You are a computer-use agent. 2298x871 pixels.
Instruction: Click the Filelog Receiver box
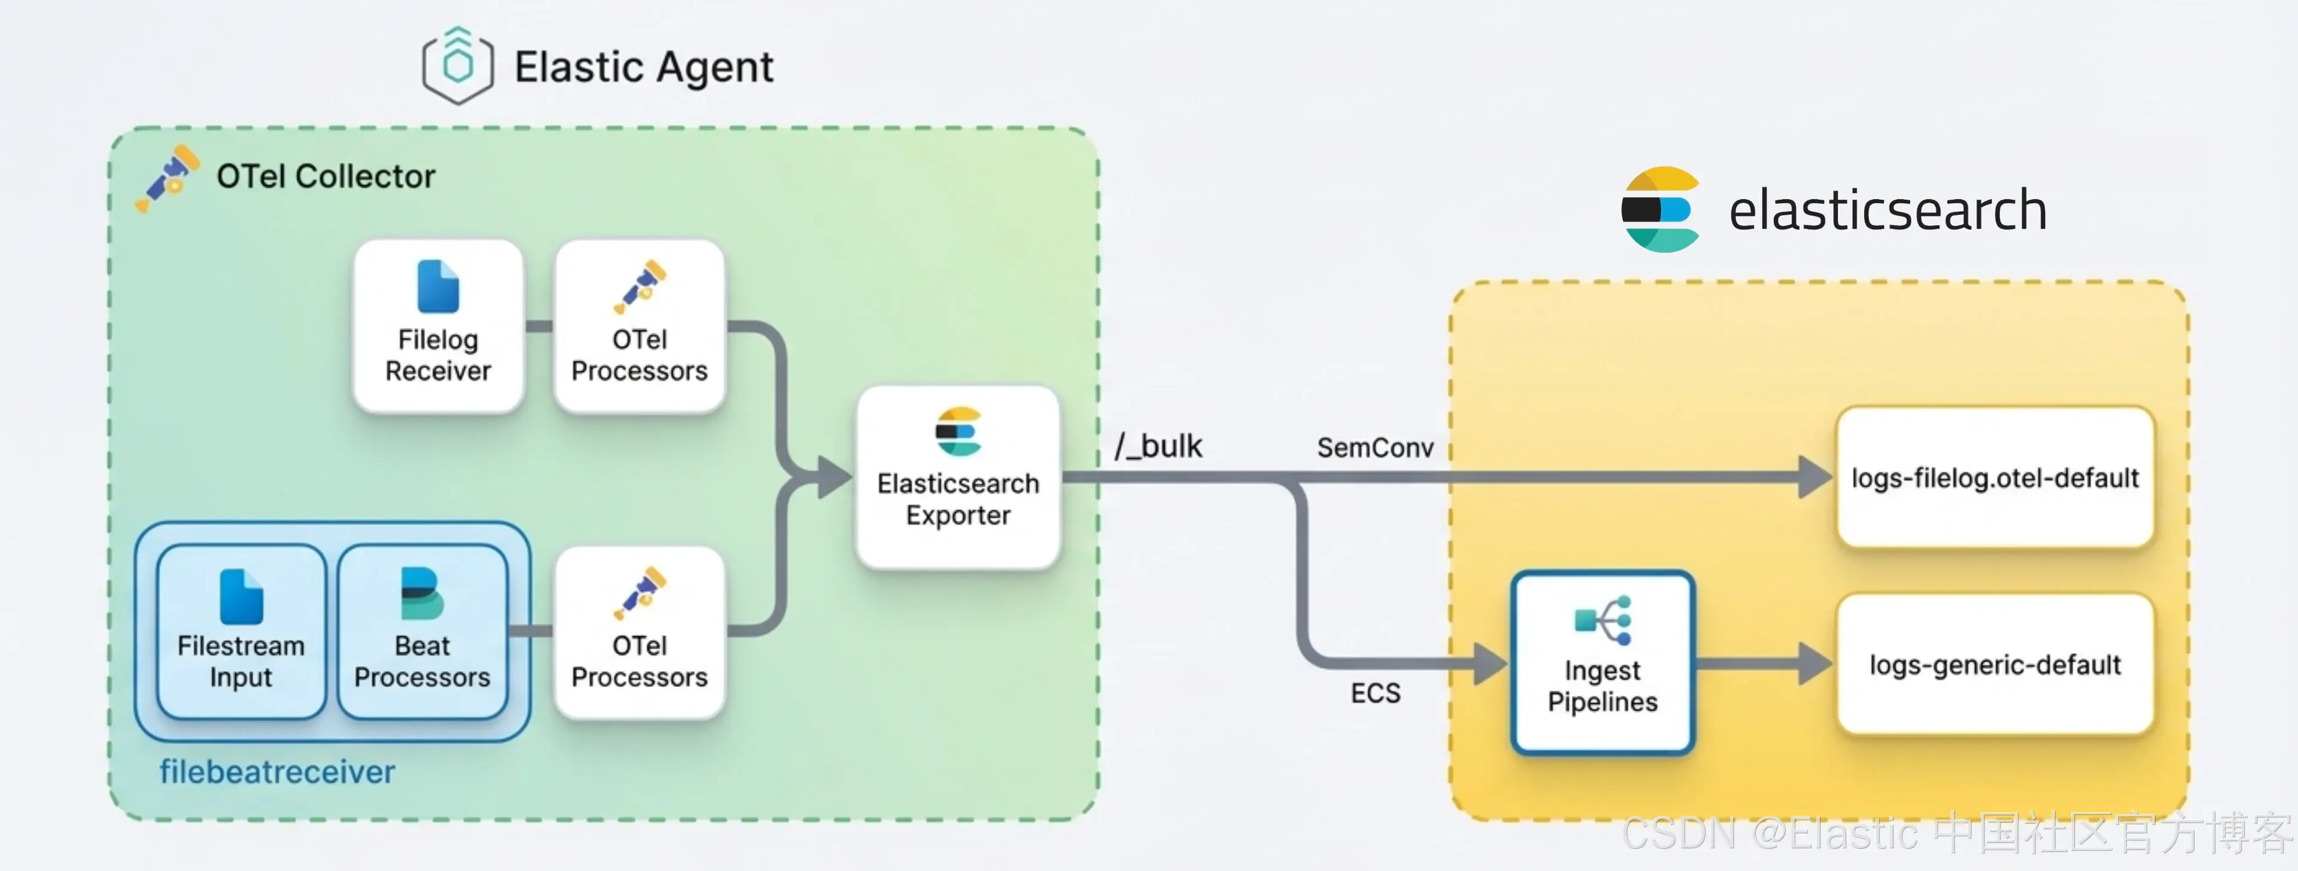point(438,325)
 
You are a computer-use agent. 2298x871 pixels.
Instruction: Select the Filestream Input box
point(241,631)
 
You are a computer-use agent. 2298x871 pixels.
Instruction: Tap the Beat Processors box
point(422,631)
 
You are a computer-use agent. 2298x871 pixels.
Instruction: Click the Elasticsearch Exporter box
point(958,477)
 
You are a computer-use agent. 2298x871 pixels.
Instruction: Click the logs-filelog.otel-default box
point(1996,477)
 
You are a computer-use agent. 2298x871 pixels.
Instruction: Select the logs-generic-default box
point(1996,664)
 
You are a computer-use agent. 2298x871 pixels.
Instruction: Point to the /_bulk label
point(1158,446)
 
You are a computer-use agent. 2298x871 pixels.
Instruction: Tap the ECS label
point(1376,693)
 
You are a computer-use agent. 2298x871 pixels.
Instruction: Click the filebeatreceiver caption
point(278,771)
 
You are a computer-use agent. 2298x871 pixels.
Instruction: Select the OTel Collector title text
point(326,176)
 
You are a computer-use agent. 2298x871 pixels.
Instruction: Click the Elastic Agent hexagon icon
point(458,66)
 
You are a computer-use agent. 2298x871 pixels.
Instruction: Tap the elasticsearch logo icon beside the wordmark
point(1661,209)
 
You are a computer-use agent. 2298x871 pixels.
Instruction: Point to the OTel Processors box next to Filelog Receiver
point(640,325)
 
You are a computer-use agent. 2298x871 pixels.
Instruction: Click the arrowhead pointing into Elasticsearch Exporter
point(835,477)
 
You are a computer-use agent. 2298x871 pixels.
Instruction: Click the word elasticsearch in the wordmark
point(1887,211)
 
